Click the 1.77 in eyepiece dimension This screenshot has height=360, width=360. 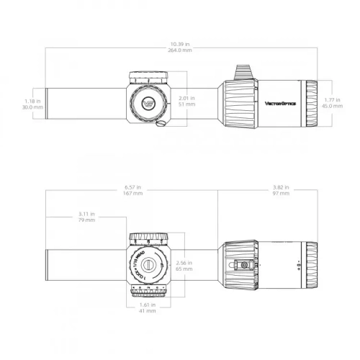tap(332, 99)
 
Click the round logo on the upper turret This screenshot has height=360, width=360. tap(148, 102)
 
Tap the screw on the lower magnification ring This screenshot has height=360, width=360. tap(244, 265)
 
